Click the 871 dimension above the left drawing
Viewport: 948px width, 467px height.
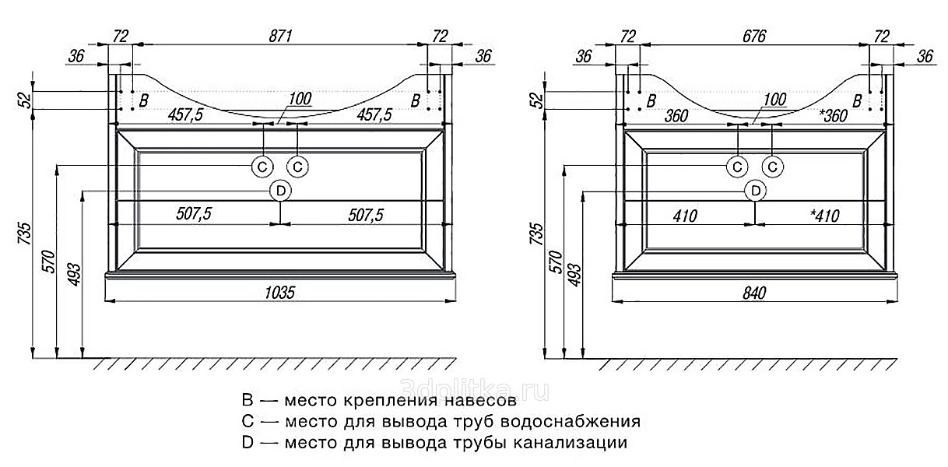click(x=281, y=35)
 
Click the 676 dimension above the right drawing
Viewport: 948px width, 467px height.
click(x=753, y=36)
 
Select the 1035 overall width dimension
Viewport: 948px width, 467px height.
click(x=279, y=293)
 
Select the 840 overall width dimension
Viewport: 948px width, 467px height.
click(x=754, y=293)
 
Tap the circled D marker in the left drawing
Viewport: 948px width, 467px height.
click(x=280, y=190)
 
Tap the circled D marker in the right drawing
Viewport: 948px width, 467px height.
click(x=754, y=190)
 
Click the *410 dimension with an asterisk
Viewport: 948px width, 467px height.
click(x=824, y=216)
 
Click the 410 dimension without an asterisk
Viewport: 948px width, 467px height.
click(x=684, y=216)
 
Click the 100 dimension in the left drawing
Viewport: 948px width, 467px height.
click(x=300, y=99)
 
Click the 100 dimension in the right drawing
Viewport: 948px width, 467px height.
click(x=774, y=100)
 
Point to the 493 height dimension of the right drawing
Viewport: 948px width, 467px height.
click(x=574, y=272)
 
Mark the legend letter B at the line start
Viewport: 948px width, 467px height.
click(x=248, y=402)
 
